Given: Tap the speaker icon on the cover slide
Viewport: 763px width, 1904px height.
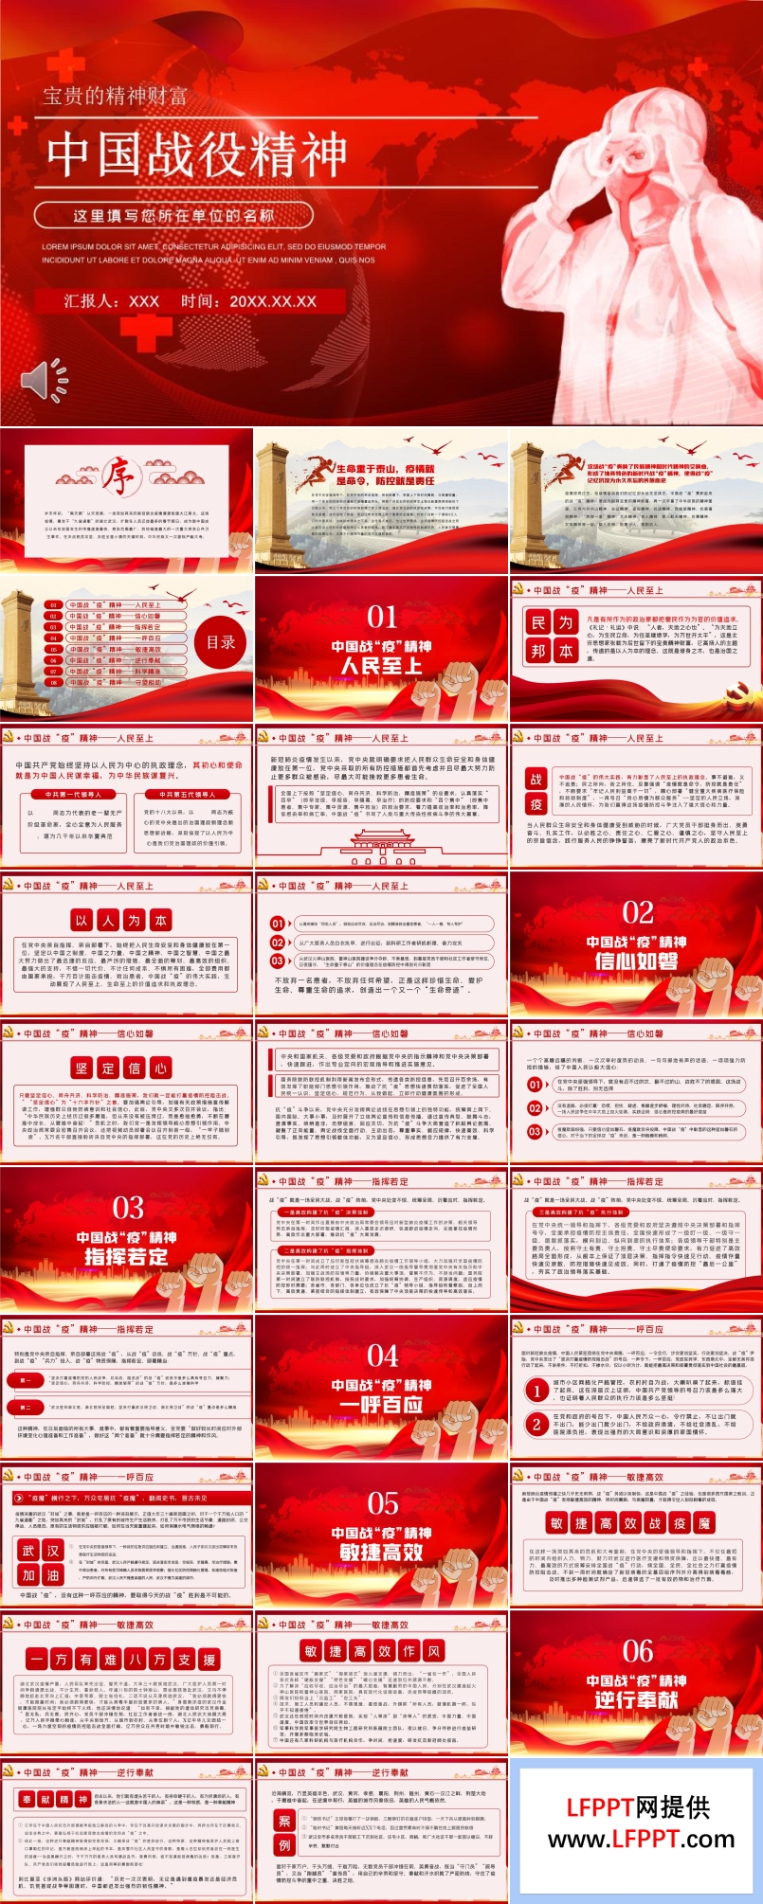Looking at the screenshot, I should pos(45,380).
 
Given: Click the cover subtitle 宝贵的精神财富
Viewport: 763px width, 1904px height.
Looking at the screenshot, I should pos(115,96).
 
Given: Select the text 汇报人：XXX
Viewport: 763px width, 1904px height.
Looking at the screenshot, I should pos(111,301).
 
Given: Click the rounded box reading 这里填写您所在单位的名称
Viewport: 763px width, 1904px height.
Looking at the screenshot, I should pos(173,216).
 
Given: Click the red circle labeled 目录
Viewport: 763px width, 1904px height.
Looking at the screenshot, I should pos(221,642).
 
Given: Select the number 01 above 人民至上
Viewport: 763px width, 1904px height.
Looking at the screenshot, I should pos(381,617).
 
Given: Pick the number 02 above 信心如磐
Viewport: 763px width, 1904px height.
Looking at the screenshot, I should pos(637,912).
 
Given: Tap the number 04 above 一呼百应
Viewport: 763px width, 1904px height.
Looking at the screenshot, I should pos(381,1356).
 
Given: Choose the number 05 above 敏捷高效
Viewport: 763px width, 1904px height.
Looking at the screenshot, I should pos(381,1503).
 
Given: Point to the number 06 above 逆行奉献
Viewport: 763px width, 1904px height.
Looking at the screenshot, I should pos(637,1651).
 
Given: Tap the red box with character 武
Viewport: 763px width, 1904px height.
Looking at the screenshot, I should pos(28,1551).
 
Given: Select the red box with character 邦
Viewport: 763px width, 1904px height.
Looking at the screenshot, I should pos(538,651).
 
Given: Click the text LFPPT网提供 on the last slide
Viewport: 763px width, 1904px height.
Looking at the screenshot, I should pos(638,1807).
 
